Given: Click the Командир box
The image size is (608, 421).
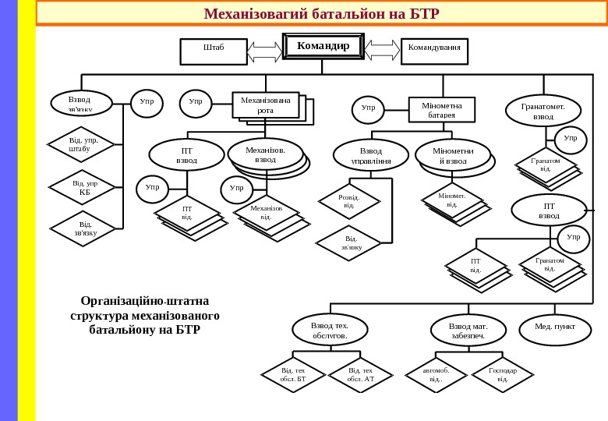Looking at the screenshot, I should coord(323,47).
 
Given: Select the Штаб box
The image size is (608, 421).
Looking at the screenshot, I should coord(214,51).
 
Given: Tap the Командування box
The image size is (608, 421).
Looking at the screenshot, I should coord(434,51).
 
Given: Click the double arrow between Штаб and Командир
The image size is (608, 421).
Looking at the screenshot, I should coord(265,52).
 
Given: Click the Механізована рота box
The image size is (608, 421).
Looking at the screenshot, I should coord(266,105).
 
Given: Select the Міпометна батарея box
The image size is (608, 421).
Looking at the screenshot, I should coord(441,110).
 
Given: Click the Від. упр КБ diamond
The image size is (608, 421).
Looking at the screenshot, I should coord(83,187).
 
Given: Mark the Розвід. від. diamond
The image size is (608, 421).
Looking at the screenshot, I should coord(349,201).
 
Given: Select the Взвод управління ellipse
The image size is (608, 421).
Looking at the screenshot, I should coord(371,155).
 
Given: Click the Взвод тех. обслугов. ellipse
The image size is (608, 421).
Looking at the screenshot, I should coord(330,329).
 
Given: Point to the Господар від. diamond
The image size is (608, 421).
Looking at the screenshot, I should coord(503,375).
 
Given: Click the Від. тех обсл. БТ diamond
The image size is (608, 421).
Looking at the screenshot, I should coord(293,375).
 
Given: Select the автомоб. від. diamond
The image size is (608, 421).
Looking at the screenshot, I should coord(437,375).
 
